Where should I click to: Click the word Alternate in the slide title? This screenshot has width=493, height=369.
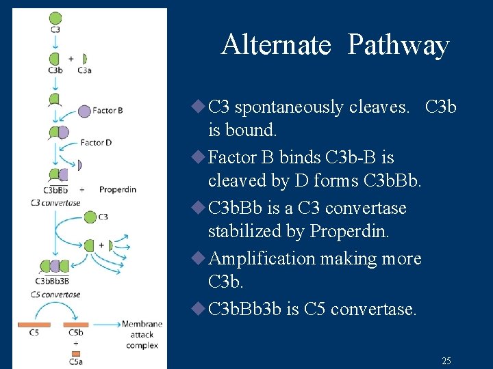tap(275, 45)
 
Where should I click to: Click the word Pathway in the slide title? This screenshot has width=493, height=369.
tap(398, 46)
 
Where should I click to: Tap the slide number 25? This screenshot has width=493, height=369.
tap(446, 361)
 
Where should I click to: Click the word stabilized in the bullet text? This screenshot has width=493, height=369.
tap(244, 232)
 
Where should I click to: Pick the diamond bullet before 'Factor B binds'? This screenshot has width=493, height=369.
tap(199, 157)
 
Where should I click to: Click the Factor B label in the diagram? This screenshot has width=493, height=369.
tap(108, 110)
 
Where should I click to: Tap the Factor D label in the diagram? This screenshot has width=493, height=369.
tap(95, 143)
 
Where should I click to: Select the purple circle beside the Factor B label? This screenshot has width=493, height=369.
tap(84, 110)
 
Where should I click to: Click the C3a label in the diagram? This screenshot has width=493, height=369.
tap(85, 70)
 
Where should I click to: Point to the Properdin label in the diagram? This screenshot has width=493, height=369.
tap(117, 189)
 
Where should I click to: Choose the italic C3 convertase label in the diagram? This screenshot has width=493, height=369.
tap(55, 202)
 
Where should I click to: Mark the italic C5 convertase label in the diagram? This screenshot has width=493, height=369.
tap(55, 295)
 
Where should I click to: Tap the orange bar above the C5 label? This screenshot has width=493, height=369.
tap(34, 324)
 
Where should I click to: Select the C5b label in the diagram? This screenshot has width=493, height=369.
tap(76, 333)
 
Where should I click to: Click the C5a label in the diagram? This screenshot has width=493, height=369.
tap(75, 361)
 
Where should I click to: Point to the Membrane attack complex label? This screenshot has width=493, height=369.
tap(141, 334)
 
